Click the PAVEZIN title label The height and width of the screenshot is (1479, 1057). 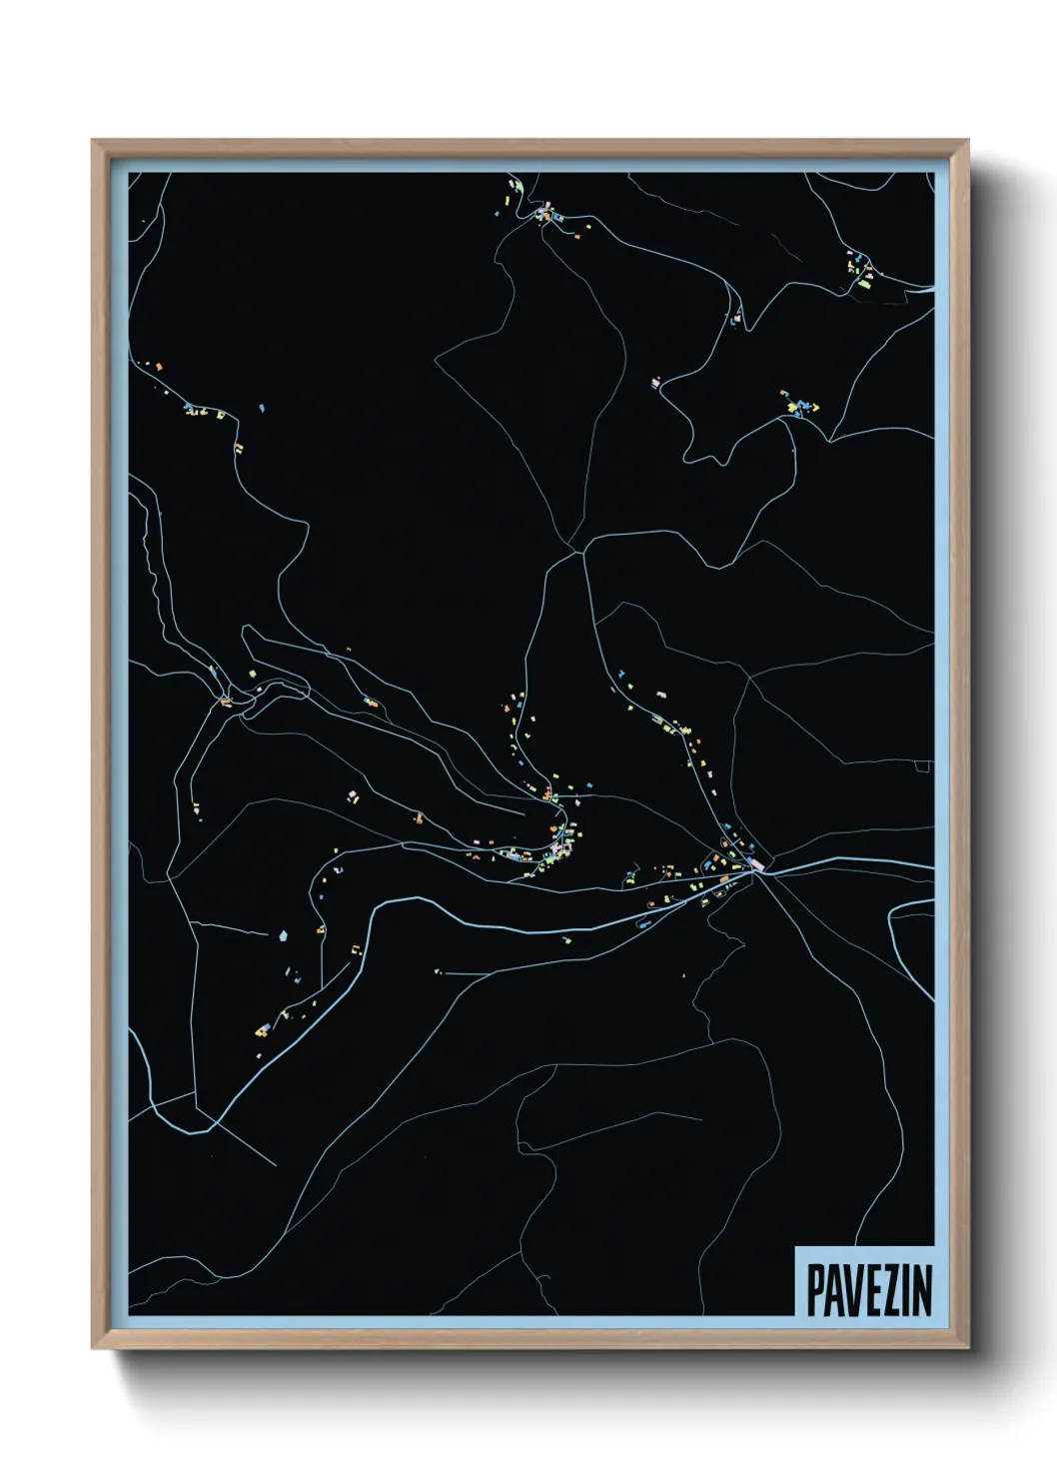coord(867,1290)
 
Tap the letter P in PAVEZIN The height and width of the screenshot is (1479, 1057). coord(814,1291)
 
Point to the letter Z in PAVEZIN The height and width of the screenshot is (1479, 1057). coord(883,1291)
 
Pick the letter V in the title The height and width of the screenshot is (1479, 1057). coord(848,1291)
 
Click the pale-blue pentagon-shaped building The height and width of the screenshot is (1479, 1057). coord(283,936)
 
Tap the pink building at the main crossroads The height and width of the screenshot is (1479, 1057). coord(756,863)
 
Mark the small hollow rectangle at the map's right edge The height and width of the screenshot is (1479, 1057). coord(923,766)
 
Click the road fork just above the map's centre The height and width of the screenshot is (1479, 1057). coord(577,550)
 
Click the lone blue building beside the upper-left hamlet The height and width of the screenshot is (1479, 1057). coord(262,408)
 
